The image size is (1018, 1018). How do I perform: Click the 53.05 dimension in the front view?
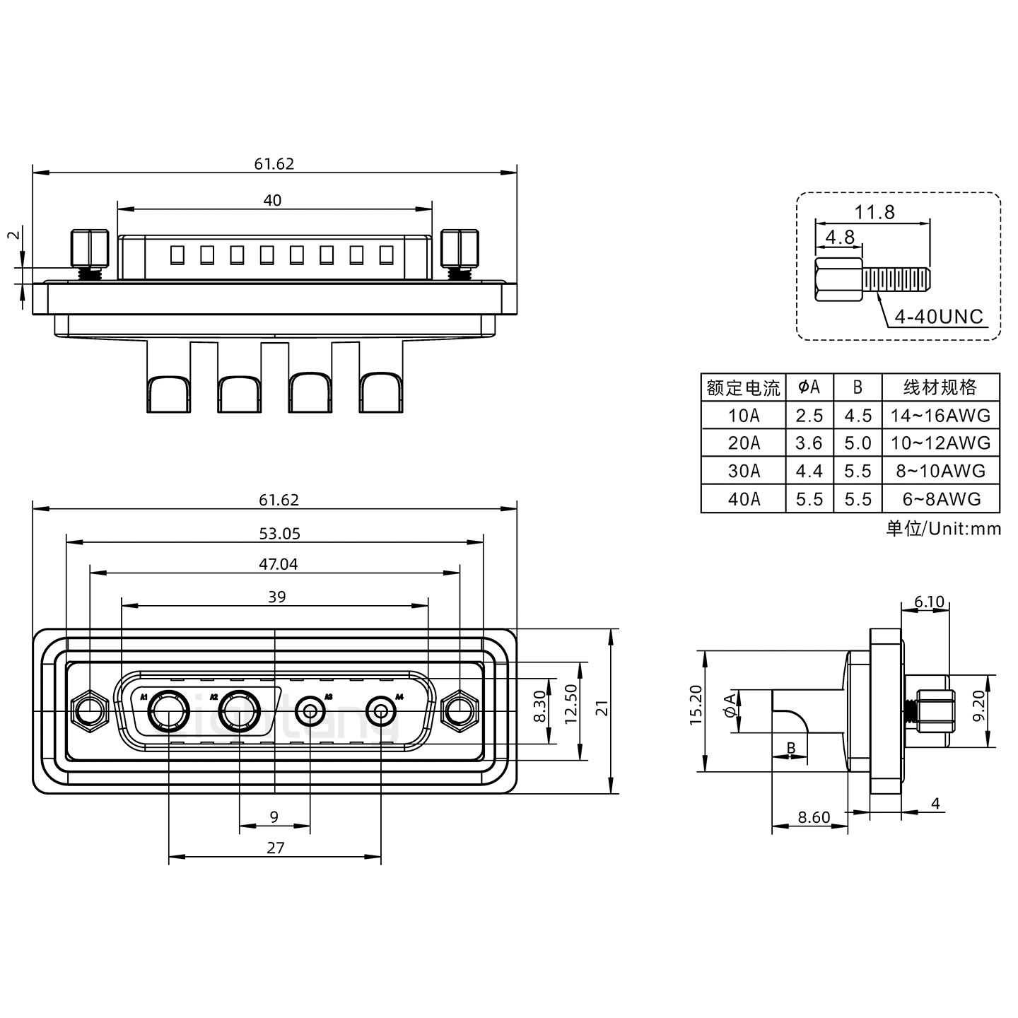pyautogui.click(x=279, y=534)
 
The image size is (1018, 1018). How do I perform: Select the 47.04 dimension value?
pyautogui.click(x=278, y=564)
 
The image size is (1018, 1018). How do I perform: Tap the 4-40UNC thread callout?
pyautogui.click(x=939, y=317)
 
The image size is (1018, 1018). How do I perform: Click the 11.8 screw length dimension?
pyautogui.click(x=874, y=211)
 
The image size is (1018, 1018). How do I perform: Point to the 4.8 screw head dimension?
pyautogui.click(x=840, y=237)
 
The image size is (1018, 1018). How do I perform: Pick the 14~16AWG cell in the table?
pyautogui.click(x=940, y=416)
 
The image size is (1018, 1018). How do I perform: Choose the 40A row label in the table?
pyautogui.click(x=744, y=499)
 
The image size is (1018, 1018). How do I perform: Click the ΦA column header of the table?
pyautogui.click(x=809, y=387)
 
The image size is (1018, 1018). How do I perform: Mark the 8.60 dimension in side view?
pyautogui.click(x=814, y=818)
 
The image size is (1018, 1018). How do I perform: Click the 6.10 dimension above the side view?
pyautogui.click(x=929, y=602)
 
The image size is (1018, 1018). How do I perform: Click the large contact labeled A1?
pyautogui.click(x=168, y=711)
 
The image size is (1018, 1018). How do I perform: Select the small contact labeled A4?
pyautogui.click(x=382, y=711)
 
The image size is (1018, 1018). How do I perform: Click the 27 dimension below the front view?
pyautogui.click(x=275, y=848)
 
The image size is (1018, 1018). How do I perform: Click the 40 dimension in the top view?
pyautogui.click(x=272, y=201)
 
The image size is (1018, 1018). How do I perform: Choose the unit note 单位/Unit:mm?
pyautogui.click(x=943, y=529)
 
